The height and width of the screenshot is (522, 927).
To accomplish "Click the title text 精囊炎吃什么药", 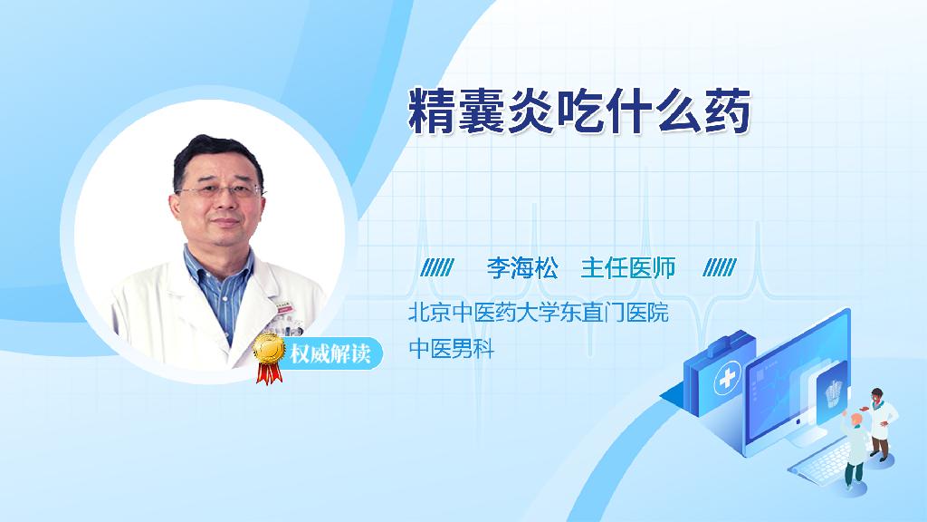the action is pyautogui.click(x=578, y=111).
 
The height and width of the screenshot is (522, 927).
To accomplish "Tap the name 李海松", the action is pyautogui.click(x=522, y=268).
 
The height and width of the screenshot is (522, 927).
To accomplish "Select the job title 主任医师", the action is pyautogui.click(x=628, y=268).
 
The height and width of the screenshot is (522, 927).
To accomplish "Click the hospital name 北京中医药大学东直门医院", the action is pyautogui.click(x=538, y=313).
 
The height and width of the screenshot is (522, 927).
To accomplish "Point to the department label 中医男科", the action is pyautogui.click(x=451, y=349).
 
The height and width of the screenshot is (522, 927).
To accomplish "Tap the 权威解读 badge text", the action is pyautogui.click(x=330, y=353).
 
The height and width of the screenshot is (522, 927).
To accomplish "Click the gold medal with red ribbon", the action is pyautogui.click(x=269, y=357).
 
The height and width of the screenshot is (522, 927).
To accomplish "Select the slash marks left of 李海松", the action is pyautogui.click(x=437, y=268).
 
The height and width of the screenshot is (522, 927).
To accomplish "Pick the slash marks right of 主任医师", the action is pyautogui.click(x=720, y=268).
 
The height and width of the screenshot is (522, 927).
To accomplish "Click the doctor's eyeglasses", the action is pyautogui.click(x=220, y=191).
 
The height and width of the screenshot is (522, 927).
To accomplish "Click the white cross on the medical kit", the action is pyautogui.click(x=727, y=378).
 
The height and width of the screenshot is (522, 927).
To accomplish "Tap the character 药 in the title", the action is pyautogui.click(x=729, y=111).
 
